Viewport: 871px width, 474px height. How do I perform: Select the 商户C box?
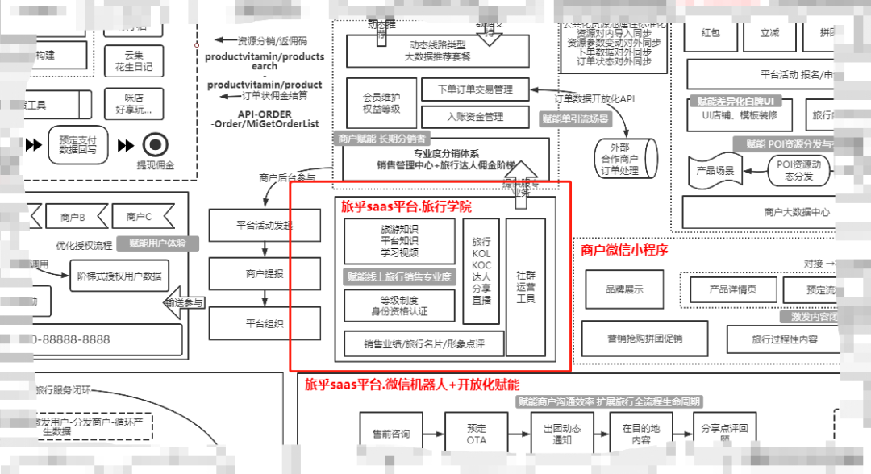[139, 216]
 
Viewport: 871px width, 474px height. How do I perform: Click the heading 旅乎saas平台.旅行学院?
[406, 207]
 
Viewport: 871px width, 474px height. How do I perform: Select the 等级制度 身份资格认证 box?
[399, 306]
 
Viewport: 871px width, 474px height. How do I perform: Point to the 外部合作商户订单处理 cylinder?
[625, 159]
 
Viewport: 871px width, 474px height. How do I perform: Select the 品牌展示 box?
[624, 289]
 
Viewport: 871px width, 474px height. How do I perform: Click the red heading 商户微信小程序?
[624, 250]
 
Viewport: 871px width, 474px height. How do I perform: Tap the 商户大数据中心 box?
[774, 212]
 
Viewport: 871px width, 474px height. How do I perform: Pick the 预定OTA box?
[477, 434]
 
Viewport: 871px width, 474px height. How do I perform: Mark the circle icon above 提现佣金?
[154, 145]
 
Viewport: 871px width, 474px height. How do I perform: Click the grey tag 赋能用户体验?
[158, 243]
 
